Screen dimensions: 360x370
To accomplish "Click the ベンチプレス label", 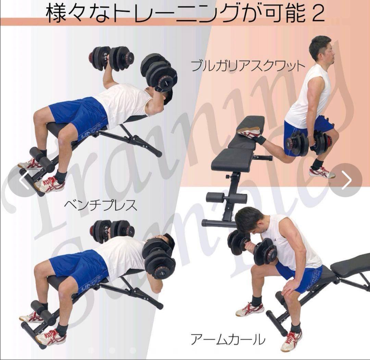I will pyautogui.click(x=100, y=205).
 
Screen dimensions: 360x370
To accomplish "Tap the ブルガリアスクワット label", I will pyautogui.click(x=247, y=65).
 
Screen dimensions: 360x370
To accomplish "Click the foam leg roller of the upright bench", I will pyautogui.click(x=226, y=198).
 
